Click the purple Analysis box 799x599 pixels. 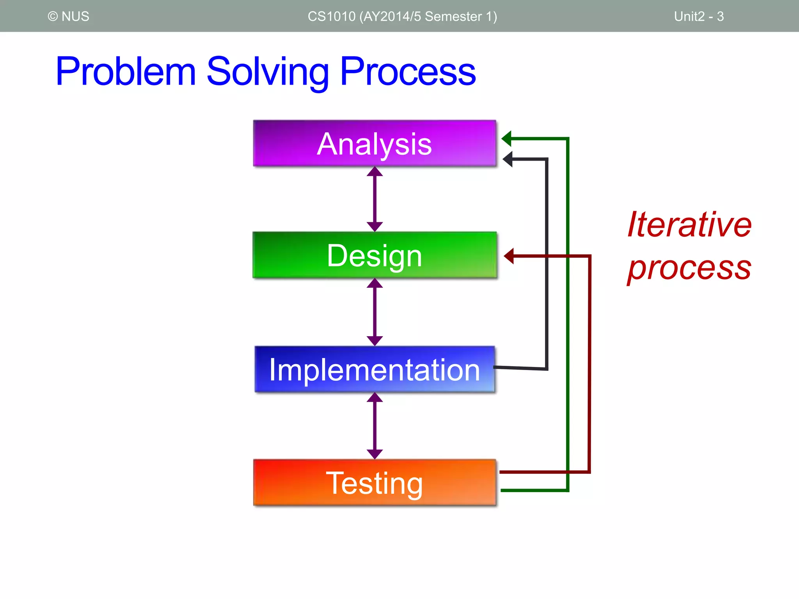(375, 144)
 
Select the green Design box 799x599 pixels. (375, 255)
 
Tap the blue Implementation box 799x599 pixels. (375, 369)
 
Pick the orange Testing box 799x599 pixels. (375, 483)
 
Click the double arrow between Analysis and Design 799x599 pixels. (375, 199)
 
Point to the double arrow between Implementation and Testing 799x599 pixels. (375, 426)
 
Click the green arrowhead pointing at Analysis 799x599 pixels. (507, 138)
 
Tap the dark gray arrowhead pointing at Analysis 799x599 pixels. (508, 159)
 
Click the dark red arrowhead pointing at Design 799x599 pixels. (509, 256)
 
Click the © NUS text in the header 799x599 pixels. (69, 16)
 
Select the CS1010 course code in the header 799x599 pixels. (332, 16)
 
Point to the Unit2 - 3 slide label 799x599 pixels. (699, 16)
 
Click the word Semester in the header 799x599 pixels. (453, 16)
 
